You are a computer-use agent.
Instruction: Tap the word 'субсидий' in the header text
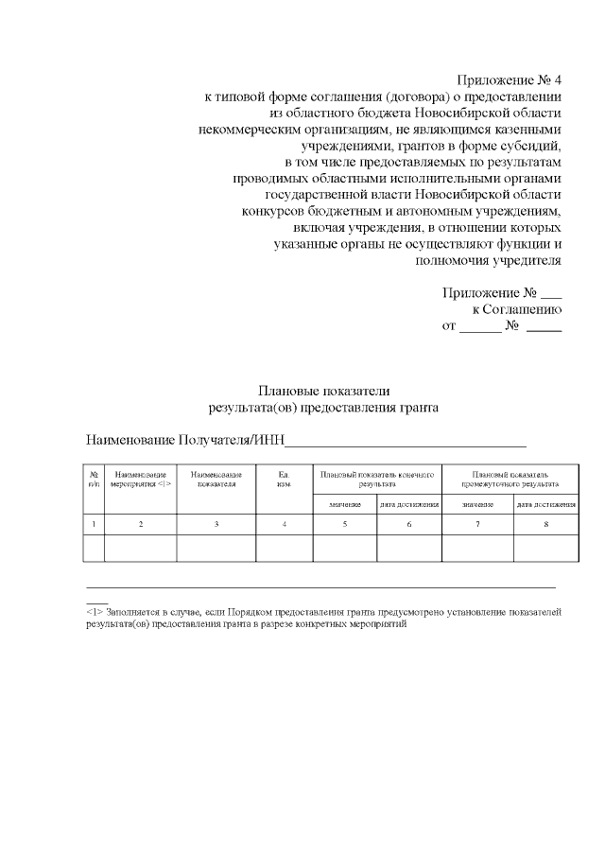click(x=535, y=145)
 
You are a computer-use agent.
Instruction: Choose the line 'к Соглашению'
click(x=517, y=309)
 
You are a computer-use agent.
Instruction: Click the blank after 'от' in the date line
click(x=480, y=326)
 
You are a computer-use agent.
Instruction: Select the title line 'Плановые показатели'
click(x=324, y=391)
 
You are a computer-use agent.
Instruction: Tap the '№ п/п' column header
click(x=94, y=478)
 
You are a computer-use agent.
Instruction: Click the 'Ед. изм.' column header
click(x=284, y=478)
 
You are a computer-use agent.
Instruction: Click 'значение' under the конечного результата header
click(x=345, y=505)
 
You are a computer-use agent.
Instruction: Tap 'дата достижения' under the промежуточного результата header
click(x=546, y=505)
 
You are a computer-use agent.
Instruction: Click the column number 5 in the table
click(x=345, y=524)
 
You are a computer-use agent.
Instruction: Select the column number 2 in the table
click(x=141, y=524)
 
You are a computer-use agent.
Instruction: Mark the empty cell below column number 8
click(x=546, y=548)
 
